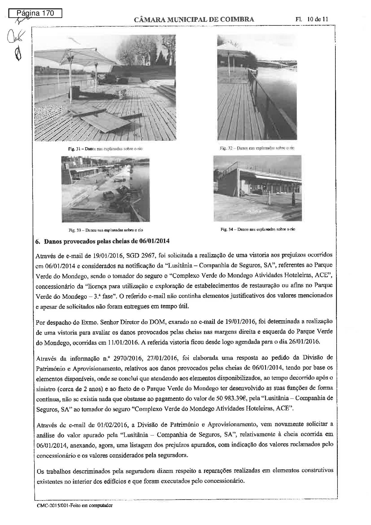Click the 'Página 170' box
(35, 13)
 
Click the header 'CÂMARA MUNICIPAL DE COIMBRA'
(194, 20)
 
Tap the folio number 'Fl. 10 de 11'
(312, 19)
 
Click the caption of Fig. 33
(106, 230)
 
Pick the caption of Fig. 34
(258, 229)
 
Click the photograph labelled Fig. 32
(257, 87)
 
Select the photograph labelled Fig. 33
(106, 189)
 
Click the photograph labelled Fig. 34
(257, 188)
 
